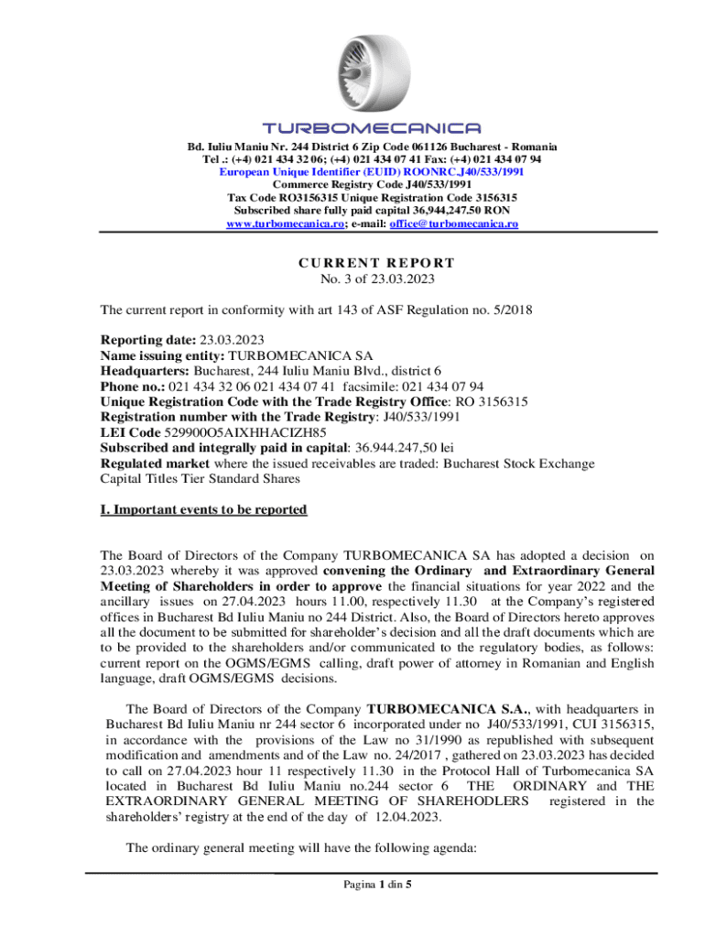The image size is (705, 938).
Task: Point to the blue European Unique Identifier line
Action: [372, 171]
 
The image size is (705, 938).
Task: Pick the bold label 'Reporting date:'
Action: [148, 340]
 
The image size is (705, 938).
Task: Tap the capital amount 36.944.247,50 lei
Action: [408, 448]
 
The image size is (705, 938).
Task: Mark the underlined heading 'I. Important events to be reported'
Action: [203, 509]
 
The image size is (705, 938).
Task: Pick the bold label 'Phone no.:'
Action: [132, 386]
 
